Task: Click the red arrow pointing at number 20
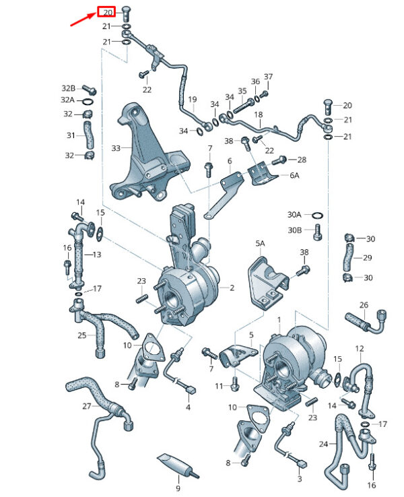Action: [82, 20]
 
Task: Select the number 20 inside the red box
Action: [108, 12]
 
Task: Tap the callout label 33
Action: [116, 148]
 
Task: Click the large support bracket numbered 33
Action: [148, 153]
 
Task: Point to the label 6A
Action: [294, 175]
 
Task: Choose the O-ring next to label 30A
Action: [318, 216]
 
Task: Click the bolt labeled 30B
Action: [318, 232]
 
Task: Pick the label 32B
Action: [69, 88]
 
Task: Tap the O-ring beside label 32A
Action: [88, 102]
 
